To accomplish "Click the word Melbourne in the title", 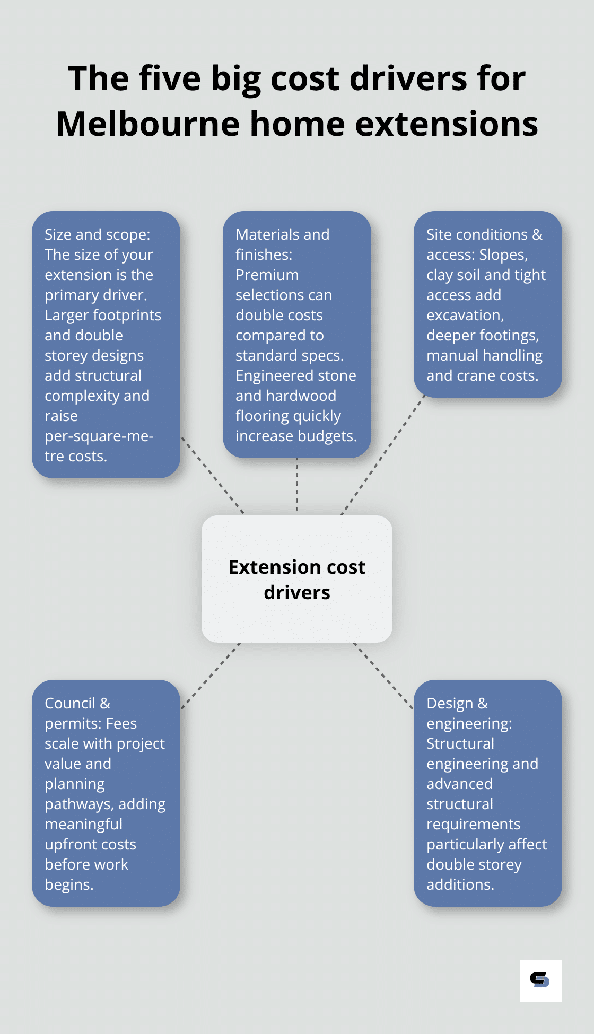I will coord(148,124).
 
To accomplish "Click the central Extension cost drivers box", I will coord(297,579).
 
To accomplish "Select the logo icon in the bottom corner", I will coord(540,980).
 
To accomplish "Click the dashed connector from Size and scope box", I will coord(212,475).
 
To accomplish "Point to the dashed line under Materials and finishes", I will coord(297,485).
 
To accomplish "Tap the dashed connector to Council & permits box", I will coord(211,676).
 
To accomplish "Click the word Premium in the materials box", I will coord(267,275).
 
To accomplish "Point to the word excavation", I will coord(465,315).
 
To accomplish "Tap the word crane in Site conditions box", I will coord(471,375).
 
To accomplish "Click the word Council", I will coord(70,703).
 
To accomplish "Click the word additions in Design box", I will coord(460,884).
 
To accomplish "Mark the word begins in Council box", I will coord(69,884).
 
